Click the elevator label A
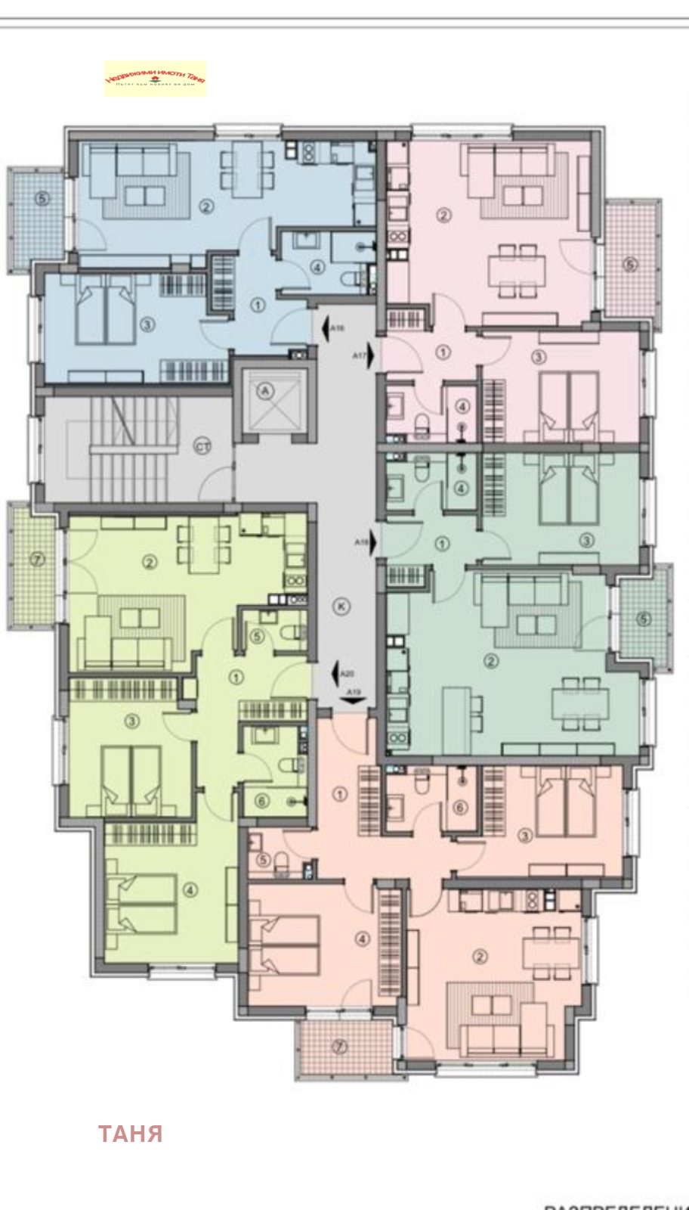point(265,390)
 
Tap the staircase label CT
point(202,447)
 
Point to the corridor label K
point(341,606)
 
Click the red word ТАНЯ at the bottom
point(130,1134)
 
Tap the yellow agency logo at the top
point(155,79)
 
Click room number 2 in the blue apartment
point(206,206)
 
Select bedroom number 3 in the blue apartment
point(147,325)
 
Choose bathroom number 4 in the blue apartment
point(317,267)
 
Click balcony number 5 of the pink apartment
point(630,265)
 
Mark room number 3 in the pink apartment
point(538,357)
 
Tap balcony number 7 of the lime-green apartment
point(38,560)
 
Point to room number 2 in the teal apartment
point(491,662)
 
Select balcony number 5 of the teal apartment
point(643,619)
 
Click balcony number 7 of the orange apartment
point(340,1047)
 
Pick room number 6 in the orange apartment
point(460,808)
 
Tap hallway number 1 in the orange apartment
point(340,794)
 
